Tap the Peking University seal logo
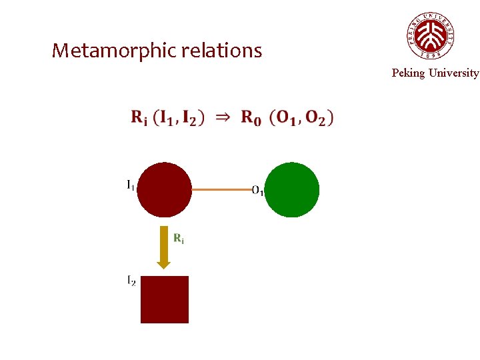[x=431, y=35]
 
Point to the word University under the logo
[x=454, y=73]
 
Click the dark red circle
[x=164, y=190]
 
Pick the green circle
[x=292, y=190]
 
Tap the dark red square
[x=165, y=299]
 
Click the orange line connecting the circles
[x=222, y=190]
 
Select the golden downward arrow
[x=164, y=247]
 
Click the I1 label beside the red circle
[x=130, y=185]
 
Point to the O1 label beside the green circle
[x=258, y=191]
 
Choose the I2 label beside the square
[x=131, y=282]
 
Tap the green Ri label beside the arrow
[x=179, y=239]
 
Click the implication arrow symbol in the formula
[x=223, y=117]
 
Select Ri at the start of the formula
[x=139, y=118]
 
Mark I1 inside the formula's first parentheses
[x=168, y=118]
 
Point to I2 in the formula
[x=191, y=118]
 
